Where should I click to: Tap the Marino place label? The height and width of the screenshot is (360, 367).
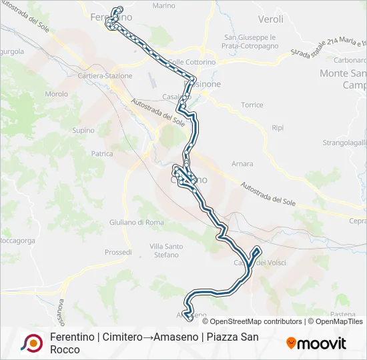pos(163,6)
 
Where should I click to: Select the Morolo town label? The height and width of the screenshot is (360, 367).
pos(56,94)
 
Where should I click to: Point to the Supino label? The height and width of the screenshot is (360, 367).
pos(83,130)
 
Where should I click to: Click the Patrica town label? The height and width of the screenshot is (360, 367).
pos(102,153)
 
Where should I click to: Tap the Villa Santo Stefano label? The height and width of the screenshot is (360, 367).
pos(166,250)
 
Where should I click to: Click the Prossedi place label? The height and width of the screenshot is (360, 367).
pos(118,252)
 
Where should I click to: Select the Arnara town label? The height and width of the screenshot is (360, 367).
pos(242,163)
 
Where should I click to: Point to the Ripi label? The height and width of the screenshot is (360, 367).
pos(278,127)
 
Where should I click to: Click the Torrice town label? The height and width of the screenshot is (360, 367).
pos(252,105)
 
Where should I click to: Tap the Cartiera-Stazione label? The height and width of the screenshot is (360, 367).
pos(105,76)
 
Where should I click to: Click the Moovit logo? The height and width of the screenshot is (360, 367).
pos(316,343)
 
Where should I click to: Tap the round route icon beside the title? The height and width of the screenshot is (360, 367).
pos(31,343)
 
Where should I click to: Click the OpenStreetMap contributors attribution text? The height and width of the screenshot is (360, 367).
pos(256,321)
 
